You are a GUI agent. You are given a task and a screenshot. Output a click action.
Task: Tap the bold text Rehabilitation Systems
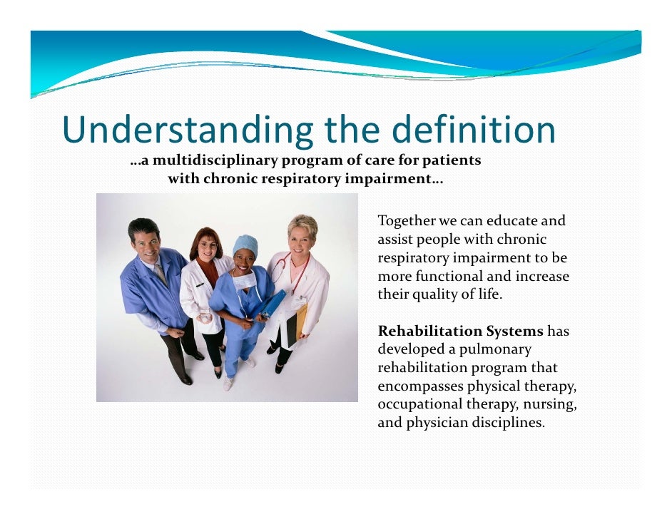click(x=460, y=331)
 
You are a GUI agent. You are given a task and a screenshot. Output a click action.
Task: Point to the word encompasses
click(x=420, y=386)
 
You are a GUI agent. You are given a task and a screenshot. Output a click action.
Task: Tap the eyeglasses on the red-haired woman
click(x=207, y=245)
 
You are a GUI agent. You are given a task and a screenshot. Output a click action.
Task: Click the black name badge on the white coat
click(x=200, y=284)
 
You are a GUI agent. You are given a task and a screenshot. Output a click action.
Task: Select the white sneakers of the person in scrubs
click(x=228, y=383)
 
